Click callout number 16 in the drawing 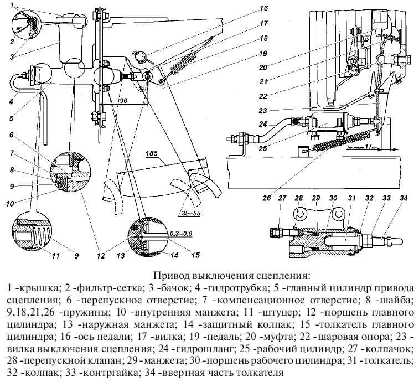263,9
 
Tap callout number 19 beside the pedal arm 263,54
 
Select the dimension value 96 123,101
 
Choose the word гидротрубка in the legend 227,288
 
